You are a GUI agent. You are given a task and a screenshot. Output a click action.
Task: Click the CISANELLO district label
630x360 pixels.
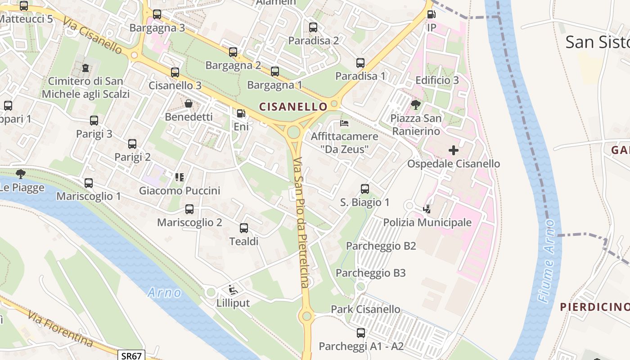[x=293, y=107]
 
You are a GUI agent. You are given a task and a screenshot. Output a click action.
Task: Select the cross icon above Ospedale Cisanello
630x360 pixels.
[x=454, y=150]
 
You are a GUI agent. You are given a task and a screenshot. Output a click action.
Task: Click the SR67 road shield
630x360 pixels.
[x=132, y=355]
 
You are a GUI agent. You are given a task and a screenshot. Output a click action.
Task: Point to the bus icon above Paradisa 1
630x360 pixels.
[x=360, y=63]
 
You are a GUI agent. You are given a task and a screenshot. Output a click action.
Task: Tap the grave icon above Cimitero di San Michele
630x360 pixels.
[x=85, y=68]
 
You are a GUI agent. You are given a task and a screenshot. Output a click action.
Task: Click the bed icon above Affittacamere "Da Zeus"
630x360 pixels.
[x=344, y=123]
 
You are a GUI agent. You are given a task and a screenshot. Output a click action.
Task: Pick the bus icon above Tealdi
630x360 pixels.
[x=244, y=228]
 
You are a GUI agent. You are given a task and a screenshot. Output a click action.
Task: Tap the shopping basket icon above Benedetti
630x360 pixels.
[x=189, y=103]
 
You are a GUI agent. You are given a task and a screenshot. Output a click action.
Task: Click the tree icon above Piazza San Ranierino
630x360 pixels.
[x=416, y=105]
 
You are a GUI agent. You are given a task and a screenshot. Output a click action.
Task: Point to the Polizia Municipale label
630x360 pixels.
[x=427, y=222]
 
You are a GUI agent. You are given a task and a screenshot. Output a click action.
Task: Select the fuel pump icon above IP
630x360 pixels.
[x=431, y=14]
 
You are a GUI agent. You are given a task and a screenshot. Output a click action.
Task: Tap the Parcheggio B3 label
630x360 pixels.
[x=371, y=273]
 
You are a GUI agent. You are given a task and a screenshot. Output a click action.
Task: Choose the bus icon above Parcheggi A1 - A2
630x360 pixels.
[x=361, y=333]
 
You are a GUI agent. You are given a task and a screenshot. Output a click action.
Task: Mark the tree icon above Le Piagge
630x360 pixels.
[x=20, y=174]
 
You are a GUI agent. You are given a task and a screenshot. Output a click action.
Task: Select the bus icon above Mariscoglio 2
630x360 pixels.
[x=189, y=209]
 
